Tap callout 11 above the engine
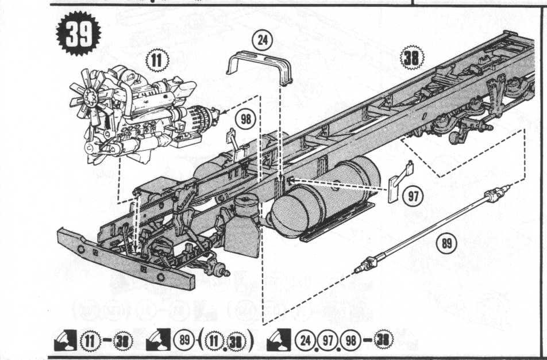click(x=157, y=60)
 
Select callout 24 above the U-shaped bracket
click(x=263, y=40)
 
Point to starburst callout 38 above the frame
click(x=411, y=58)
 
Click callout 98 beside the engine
click(x=246, y=119)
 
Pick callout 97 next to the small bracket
click(x=413, y=196)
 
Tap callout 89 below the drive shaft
click(x=447, y=243)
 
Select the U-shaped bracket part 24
click(x=260, y=68)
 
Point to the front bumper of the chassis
click(x=126, y=259)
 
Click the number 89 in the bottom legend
click(x=184, y=340)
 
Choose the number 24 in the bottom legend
click(x=305, y=340)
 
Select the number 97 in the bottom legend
click(x=328, y=340)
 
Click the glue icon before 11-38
click(x=66, y=340)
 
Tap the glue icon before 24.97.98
click(x=278, y=340)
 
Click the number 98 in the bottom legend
click(x=350, y=340)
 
